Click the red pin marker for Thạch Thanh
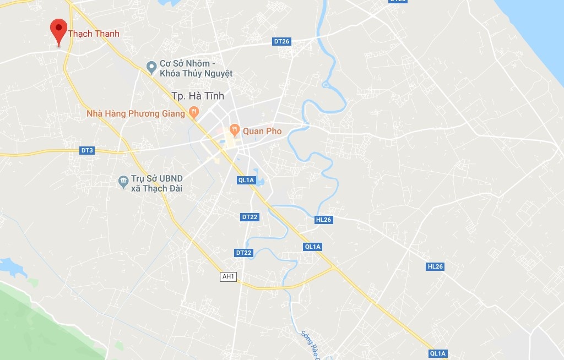pyautogui.click(x=58, y=29)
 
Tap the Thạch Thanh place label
pyautogui.click(x=94, y=34)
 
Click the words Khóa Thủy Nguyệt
pyautogui.click(x=196, y=73)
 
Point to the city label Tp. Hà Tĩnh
pyautogui.click(x=198, y=96)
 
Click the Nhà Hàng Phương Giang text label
pyautogui.click(x=135, y=114)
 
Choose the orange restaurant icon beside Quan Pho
pyautogui.click(x=235, y=130)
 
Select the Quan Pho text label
pyautogui.click(x=262, y=131)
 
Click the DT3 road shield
pyautogui.click(x=87, y=150)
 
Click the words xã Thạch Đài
pyautogui.click(x=156, y=188)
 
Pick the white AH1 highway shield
pyautogui.click(x=227, y=277)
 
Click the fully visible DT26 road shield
pyautogui.click(x=281, y=41)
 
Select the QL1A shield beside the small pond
pyautogui.click(x=246, y=180)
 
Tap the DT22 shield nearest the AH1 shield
pyautogui.click(x=243, y=253)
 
